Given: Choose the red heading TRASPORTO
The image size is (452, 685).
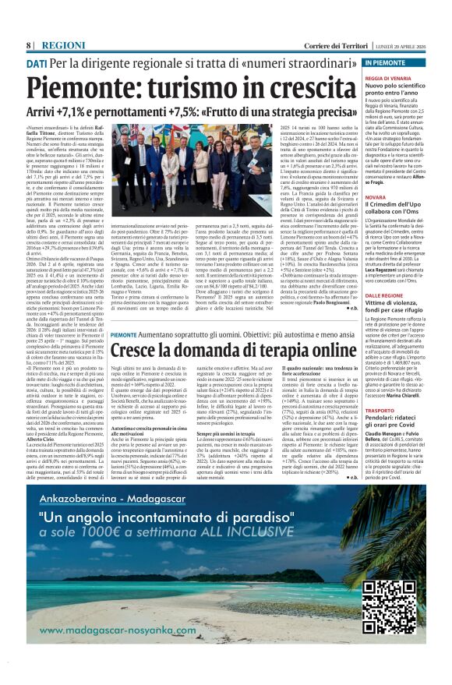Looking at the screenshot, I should tap(382, 410).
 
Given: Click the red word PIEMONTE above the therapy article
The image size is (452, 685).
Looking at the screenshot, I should tap(125, 334).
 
